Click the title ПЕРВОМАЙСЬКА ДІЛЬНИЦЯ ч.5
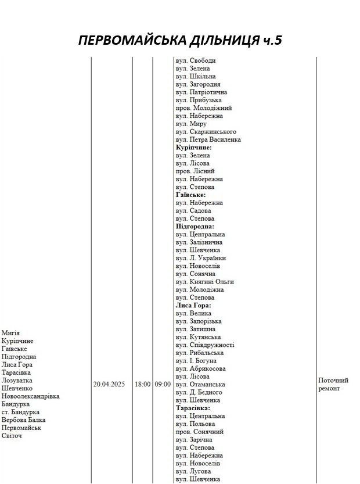pyautogui.click(x=180, y=41)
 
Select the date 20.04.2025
pyautogui.click(x=109, y=385)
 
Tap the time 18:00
pyautogui.click(x=142, y=385)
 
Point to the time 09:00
pyautogui.click(x=163, y=385)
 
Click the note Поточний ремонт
pyautogui.click(x=333, y=384)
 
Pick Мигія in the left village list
pyautogui.click(x=10, y=333)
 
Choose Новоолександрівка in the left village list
pyautogui.click(x=31, y=396)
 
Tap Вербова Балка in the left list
pyautogui.click(x=23, y=420)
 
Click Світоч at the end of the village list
pyautogui.click(x=12, y=436)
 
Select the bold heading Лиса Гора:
pyautogui.click(x=193, y=306)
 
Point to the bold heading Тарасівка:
pyautogui.click(x=195, y=408)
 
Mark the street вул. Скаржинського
pyautogui.click(x=206, y=132)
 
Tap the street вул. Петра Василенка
pyautogui.click(x=208, y=139)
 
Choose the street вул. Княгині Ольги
pyautogui.click(x=205, y=282)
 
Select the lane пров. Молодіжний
pyautogui.click(x=203, y=108)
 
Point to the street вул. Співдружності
pyautogui.click(x=205, y=345)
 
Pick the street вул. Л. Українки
pyautogui.click(x=200, y=258)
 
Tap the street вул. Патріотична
pyautogui.click(x=201, y=92)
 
